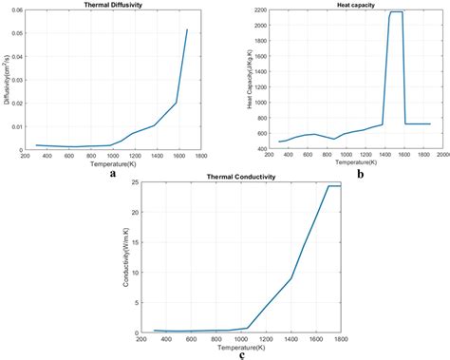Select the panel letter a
(x=113, y=173)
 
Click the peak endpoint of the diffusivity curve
(x=187, y=29)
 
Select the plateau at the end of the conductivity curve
(x=333, y=186)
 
